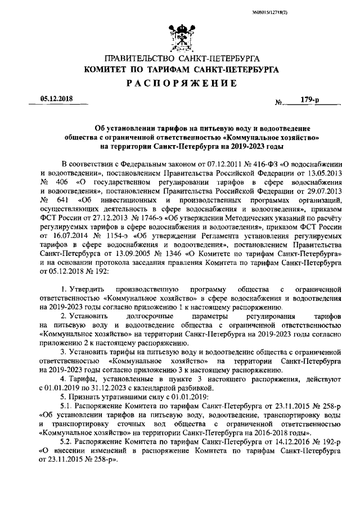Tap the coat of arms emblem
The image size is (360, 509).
point(180,39)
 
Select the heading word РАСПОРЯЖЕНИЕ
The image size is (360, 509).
point(180,84)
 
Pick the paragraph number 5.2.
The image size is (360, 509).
point(66,442)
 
